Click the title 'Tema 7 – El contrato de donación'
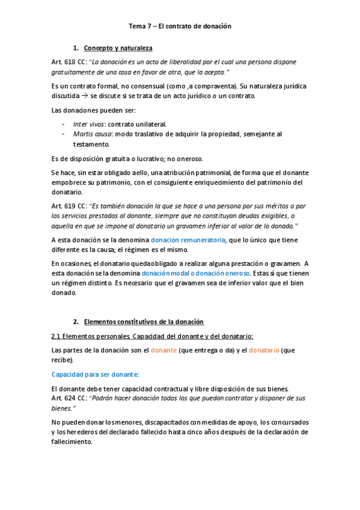[180, 26]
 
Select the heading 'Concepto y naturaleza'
[118, 48]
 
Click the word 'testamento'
[91, 144]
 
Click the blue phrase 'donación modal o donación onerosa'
[192, 272]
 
